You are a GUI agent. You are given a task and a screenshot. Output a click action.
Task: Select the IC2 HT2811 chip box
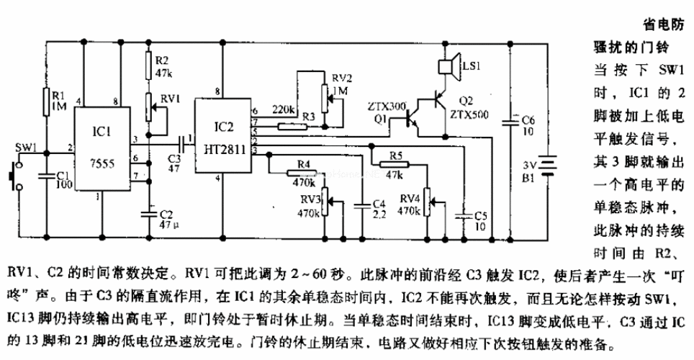click(222, 137)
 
